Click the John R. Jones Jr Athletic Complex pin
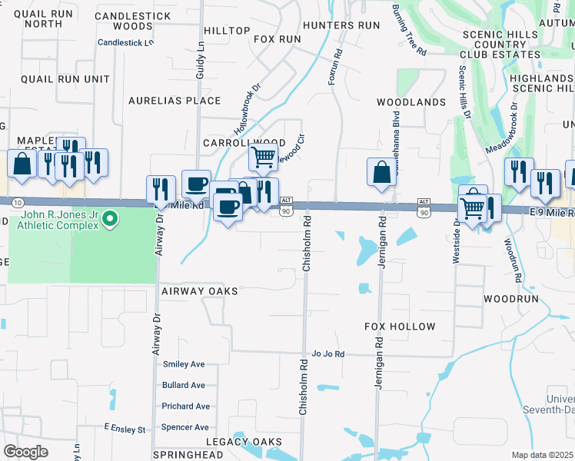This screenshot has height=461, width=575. (x=110, y=220)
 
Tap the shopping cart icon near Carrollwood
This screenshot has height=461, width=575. (x=263, y=158)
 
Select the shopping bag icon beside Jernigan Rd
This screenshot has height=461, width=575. (x=381, y=172)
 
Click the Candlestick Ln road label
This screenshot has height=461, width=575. (x=126, y=42)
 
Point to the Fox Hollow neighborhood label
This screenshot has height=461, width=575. (x=400, y=327)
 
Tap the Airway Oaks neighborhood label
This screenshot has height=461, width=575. (x=199, y=291)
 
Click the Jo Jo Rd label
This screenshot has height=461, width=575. (x=328, y=354)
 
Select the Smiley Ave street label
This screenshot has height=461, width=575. (x=184, y=364)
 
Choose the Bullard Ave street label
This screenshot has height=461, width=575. (x=184, y=385)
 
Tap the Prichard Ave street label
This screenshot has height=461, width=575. (x=185, y=406)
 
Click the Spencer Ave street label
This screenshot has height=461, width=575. (x=184, y=427)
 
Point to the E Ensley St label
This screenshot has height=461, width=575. (x=125, y=429)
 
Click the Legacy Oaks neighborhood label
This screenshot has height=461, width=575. (x=244, y=442)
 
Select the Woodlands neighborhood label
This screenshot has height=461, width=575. (x=411, y=102)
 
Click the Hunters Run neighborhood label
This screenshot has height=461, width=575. (x=341, y=25)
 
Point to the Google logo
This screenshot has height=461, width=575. (x=25, y=452)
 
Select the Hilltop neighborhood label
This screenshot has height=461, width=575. (x=227, y=31)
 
